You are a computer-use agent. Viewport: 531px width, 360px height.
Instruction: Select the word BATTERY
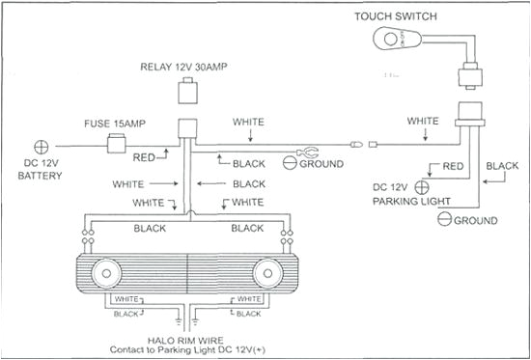(x=41, y=177)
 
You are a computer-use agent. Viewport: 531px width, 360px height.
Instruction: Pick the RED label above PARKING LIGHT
(x=451, y=167)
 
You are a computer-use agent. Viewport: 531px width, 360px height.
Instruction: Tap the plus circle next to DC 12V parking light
(x=421, y=185)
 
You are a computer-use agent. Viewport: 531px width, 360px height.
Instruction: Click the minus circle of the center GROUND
(x=291, y=164)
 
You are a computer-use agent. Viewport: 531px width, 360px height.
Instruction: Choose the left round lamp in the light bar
(x=105, y=273)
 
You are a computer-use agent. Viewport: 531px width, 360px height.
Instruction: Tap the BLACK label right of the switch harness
(x=502, y=166)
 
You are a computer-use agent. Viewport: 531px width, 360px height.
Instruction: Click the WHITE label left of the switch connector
(x=422, y=121)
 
